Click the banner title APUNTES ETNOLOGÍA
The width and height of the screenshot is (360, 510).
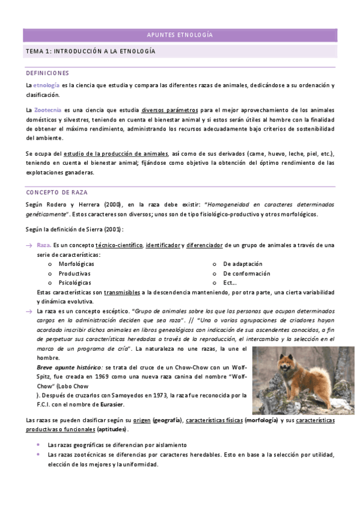point(180,35)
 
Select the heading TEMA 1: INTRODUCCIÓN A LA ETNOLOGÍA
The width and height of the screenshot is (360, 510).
point(90,52)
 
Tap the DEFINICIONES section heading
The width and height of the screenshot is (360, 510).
point(47,73)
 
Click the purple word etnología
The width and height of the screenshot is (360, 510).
point(46,85)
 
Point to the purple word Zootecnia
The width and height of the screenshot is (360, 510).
point(48,111)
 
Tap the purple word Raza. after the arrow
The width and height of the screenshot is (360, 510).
point(44,245)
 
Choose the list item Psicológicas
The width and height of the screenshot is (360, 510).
point(75,282)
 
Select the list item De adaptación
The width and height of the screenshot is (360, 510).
point(242,264)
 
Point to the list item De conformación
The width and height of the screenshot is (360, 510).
point(246,273)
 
